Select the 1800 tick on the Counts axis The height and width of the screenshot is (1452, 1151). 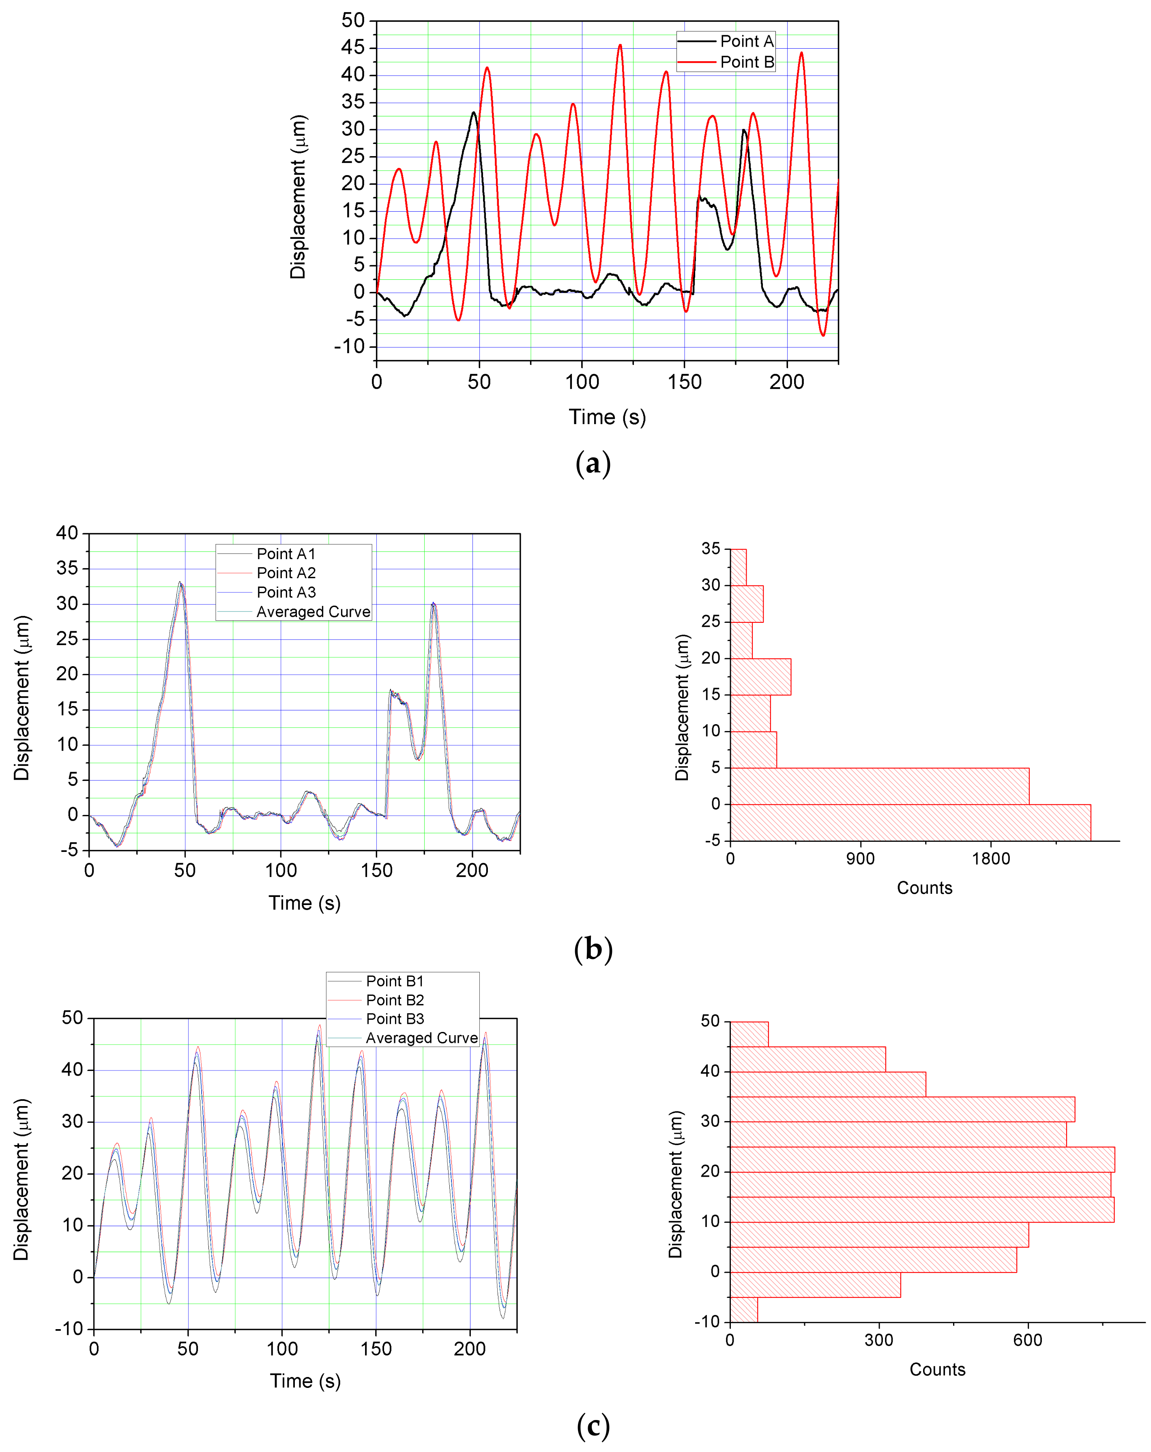[x=991, y=859]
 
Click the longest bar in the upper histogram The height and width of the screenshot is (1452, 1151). [x=909, y=822]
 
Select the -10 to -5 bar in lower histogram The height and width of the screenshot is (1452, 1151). [x=743, y=1309]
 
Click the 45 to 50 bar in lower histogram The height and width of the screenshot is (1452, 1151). [x=748, y=1034]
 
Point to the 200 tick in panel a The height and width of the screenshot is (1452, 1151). [x=787, y=382]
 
